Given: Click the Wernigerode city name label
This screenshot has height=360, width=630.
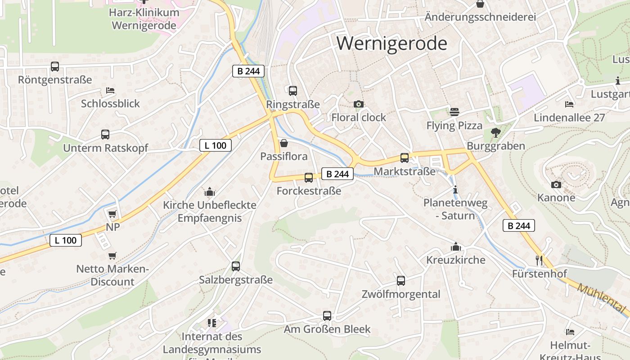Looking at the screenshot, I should (392, 44).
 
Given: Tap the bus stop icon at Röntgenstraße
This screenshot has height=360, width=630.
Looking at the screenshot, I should (55, 67).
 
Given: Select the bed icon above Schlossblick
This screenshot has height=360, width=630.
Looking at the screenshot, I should (110, 90).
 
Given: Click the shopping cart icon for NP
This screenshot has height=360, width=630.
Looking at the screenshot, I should (112, 214).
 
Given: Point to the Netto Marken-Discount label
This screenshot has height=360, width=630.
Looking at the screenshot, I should (112, 275).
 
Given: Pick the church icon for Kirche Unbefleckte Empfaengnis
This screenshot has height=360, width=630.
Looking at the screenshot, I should (210, 192).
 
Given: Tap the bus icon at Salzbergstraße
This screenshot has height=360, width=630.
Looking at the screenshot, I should (236, 266).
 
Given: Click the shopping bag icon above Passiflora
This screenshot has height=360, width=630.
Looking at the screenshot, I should (284, 144).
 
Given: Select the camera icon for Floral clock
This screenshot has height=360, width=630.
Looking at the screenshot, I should (359, 104).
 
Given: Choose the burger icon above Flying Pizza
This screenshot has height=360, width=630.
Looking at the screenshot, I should (454, 112).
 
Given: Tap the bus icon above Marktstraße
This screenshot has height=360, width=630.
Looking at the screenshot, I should (405, 158).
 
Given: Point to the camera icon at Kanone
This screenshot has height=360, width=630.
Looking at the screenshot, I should (556, 184).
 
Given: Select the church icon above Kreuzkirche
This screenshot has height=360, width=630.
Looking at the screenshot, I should (456, 247).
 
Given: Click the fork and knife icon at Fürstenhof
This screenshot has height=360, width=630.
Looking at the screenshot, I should (539, 260).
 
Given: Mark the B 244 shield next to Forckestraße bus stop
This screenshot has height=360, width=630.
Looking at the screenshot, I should (337, 174).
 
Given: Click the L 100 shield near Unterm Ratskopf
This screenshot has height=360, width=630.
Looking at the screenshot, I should (216, 145).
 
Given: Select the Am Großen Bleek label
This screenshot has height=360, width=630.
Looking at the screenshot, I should (327, 329).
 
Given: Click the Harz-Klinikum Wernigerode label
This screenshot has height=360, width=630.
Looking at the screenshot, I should (144, 19).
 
